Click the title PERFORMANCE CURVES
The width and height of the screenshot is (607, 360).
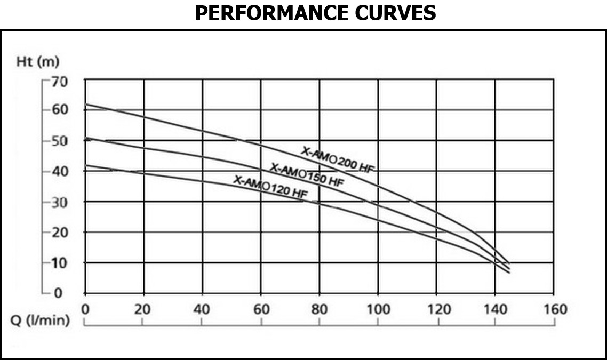pos(315,13)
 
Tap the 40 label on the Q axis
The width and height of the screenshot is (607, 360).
pos(202,309)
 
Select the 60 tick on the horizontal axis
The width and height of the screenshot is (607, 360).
pos(261,309)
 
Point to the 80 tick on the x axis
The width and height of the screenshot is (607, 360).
pos(319,309)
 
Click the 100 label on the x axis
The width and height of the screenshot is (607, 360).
pos(378,309)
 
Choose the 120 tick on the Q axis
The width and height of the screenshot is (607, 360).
pos(436,309)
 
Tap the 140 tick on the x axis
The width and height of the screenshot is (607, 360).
pos(495,309)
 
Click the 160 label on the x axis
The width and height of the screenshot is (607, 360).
pos(554,309)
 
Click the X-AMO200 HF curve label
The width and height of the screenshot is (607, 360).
pos(338,159)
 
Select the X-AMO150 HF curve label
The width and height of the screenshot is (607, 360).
pos(307,174)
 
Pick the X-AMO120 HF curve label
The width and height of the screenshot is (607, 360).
pos(270,187)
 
